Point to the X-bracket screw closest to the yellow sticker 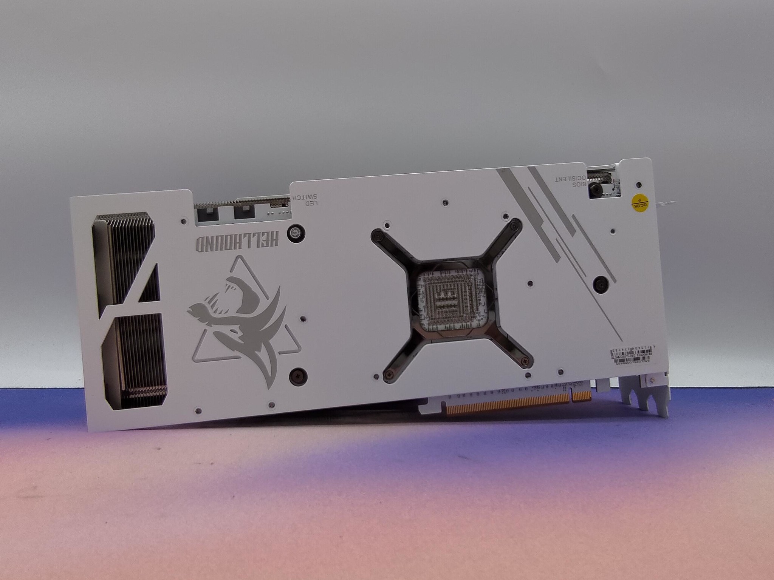pos(513,226)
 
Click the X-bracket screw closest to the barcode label pos(524,362)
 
